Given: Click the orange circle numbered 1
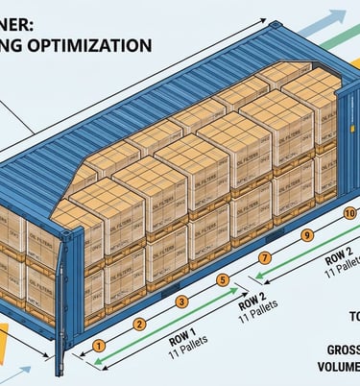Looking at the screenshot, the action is coord(98,346).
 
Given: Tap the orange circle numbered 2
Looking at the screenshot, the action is coord(139,324).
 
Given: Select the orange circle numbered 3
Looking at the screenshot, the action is coord(180,302).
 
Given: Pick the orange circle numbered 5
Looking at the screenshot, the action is coord(223,280).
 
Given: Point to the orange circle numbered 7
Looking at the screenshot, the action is coord(265,258).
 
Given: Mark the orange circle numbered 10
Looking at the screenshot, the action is coord(349,213).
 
